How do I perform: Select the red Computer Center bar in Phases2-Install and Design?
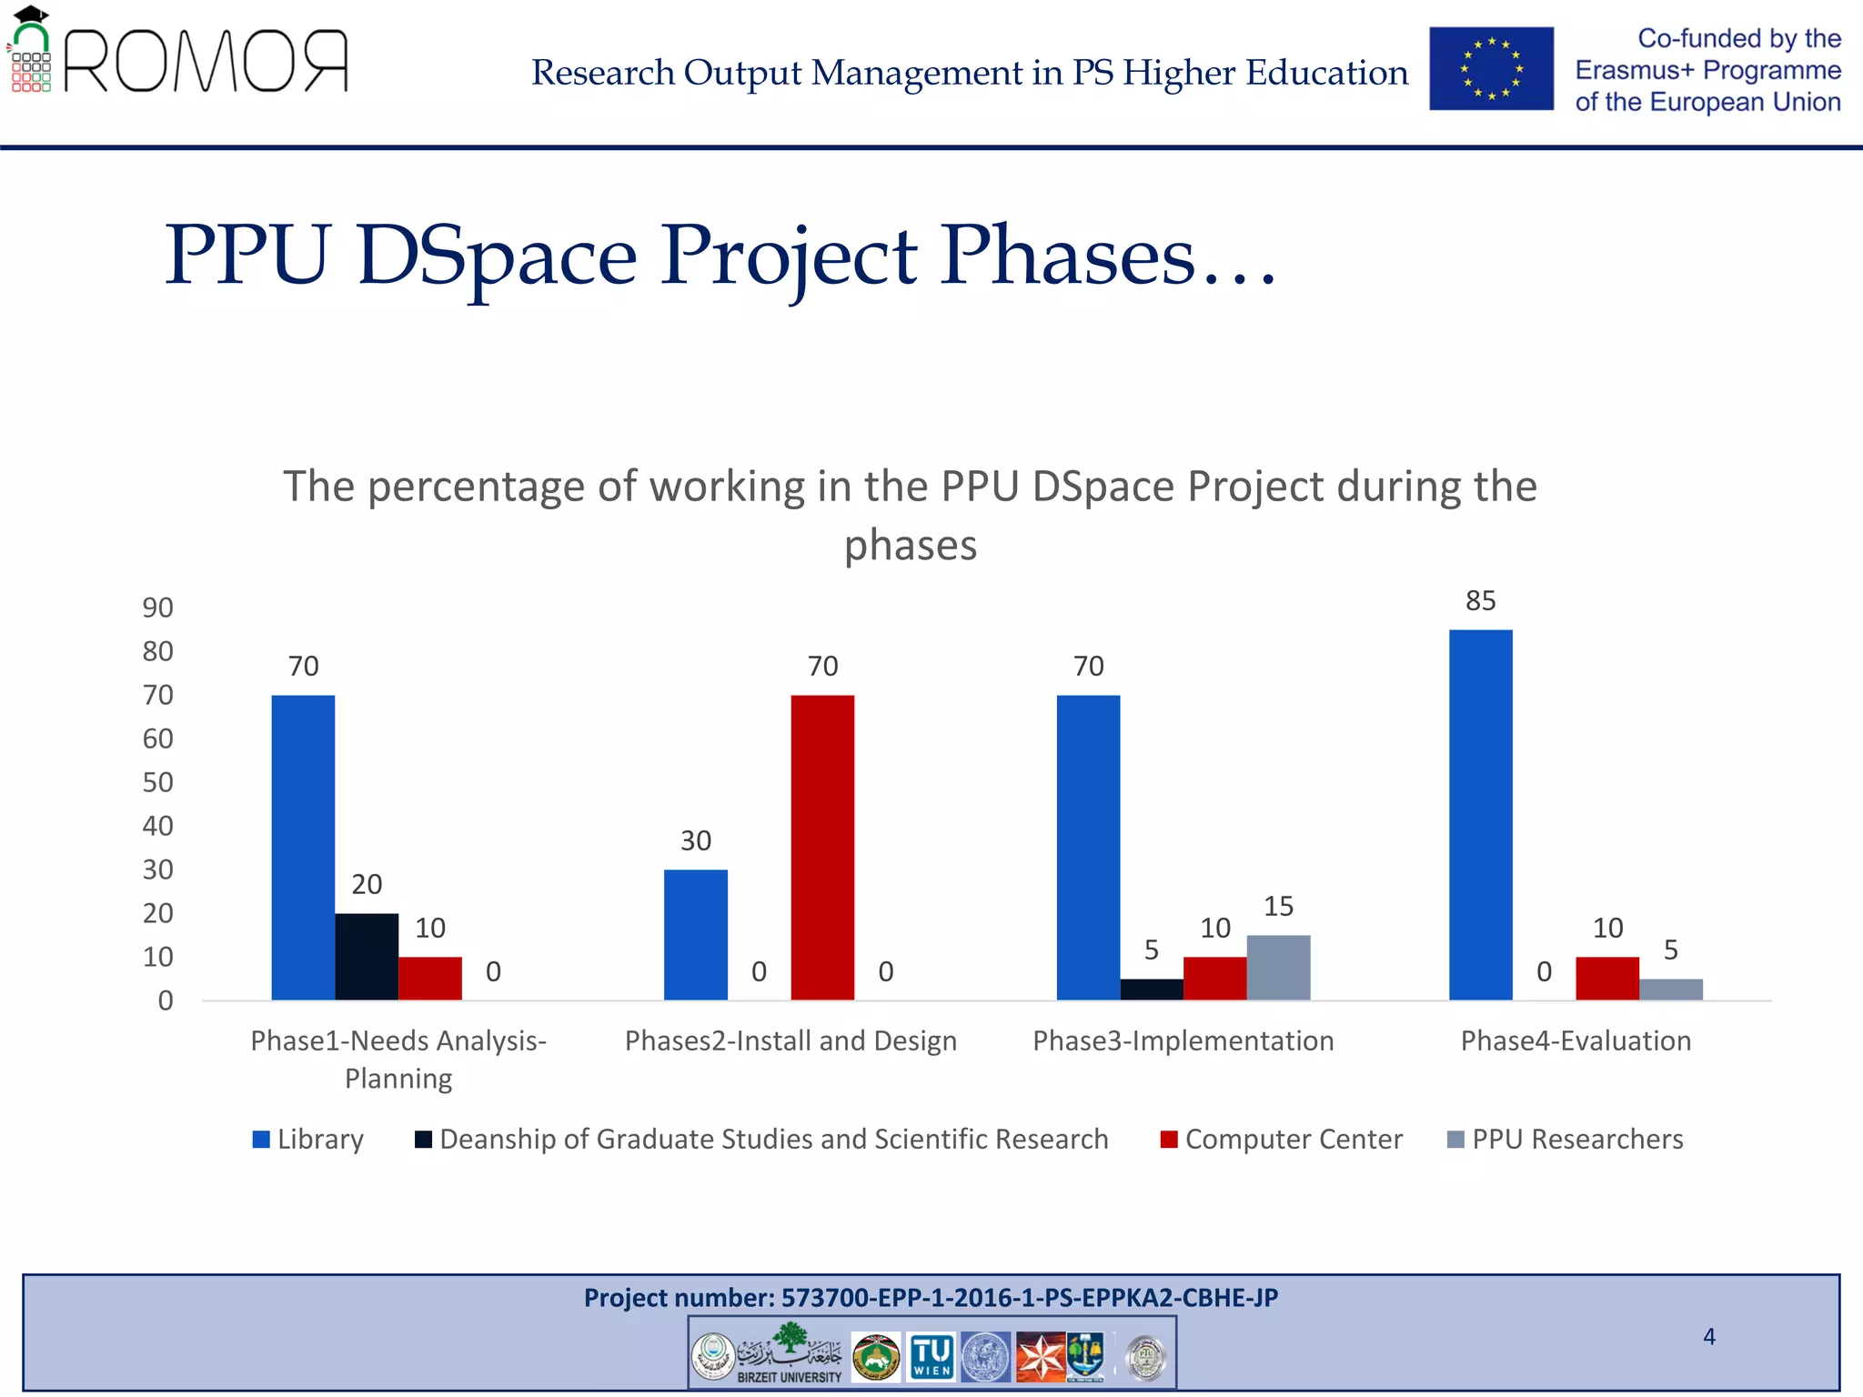(822, 847)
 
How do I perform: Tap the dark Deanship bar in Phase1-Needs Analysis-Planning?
(367, 956)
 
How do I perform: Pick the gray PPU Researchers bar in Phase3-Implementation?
(1278, 967)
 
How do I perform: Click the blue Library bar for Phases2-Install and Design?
(696, 934)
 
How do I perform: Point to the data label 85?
(1480, 601)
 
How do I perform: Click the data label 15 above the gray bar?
(1278, 906)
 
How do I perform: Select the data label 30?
(696, 840)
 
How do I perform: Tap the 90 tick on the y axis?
(157, 608)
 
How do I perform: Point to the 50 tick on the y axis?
(157, 782)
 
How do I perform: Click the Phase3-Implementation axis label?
(1183, 1040)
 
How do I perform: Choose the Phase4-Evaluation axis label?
(1576, 1040)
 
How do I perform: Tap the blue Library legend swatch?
(261, 1140)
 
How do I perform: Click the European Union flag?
(1491, 69)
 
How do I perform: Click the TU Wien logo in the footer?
(931, 1357)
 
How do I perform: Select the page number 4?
(1709, 1336)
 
